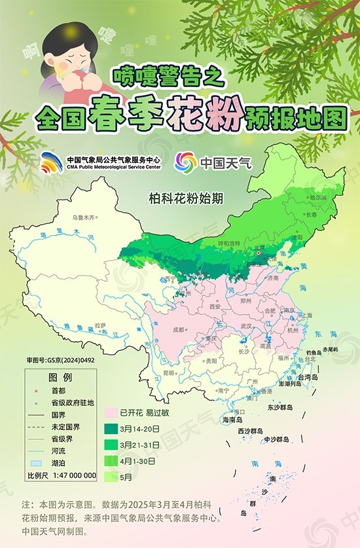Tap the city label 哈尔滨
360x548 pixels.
pos(317,197)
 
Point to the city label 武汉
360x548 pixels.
pos(246,325)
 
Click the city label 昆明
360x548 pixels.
pos(169,373)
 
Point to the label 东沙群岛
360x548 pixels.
pos(279,407)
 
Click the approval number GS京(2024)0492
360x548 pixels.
pos(56,361)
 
